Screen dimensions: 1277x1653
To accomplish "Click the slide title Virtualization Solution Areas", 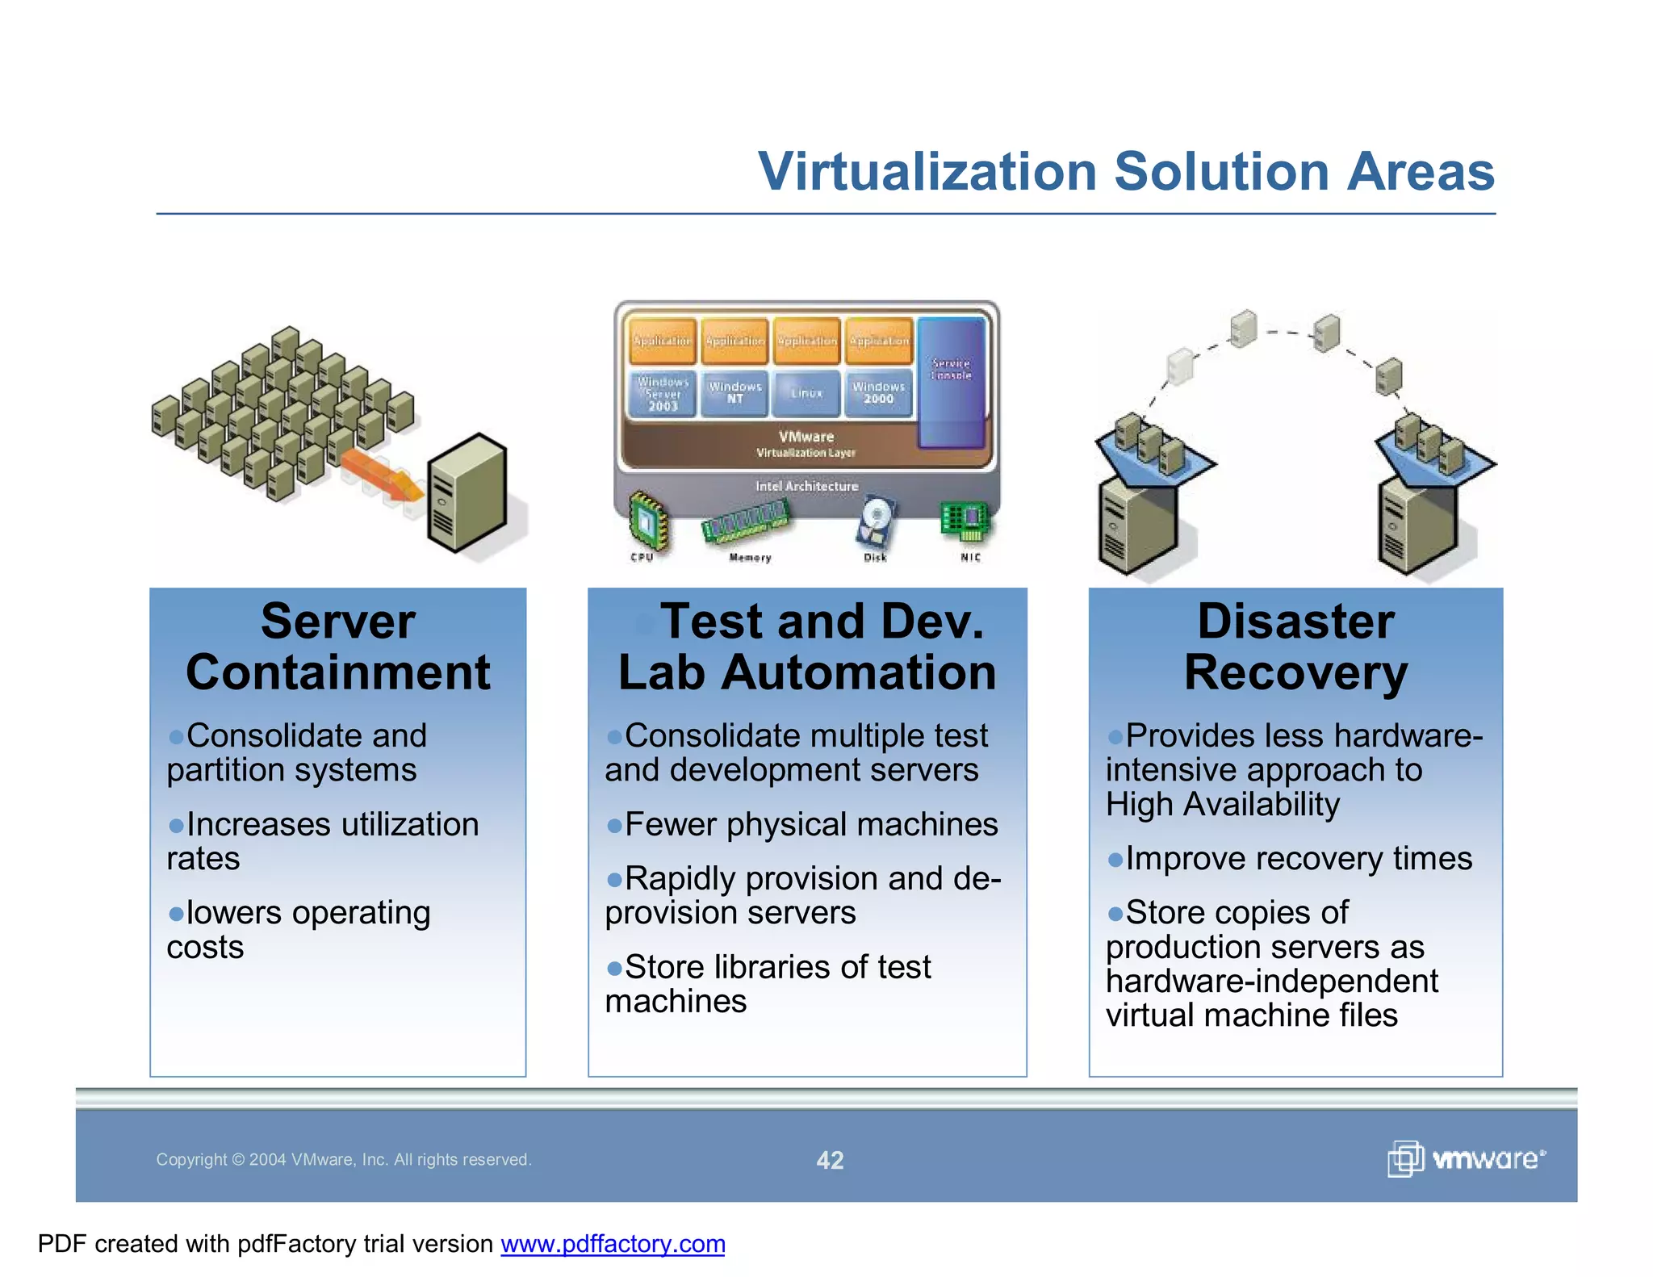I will pyautogui.click(x=1126, y=172).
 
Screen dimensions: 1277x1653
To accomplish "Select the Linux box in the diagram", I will pyautogui.click(x=806, y=393).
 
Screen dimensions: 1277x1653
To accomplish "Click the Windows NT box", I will pyautogui.click(x=734, y=393).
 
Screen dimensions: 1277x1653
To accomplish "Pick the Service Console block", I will pyautogui.click(x=951, y=381).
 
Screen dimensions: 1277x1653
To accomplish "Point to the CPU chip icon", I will pyautogui.click(x=647, y=521).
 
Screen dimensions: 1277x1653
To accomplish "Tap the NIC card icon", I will pyautogui.click(x=965, y=521).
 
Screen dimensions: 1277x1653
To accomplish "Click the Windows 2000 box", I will pyautogui.click(x=878, y=393).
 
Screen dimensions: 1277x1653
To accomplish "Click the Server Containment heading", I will pyautogui.click(x=337, y=647).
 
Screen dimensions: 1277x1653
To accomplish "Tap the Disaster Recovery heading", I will pyautogui.click(x=1295, y=647).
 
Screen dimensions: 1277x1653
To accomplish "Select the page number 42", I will pyautogui.click(x=830, y=1160).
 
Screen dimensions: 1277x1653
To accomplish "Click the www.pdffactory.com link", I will pyautogui.click(x=613, y=1244).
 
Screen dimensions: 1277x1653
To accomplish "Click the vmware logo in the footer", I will pyautogui.click(x=1466, y=1159).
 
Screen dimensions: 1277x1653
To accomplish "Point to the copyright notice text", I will pyautogui.click(x=344, y=1160).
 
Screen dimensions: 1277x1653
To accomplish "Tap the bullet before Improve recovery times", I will pyautogui.click(x=1115, y=860).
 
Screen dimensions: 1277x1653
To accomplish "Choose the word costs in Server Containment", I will pyautogui.click(x=205, y=948).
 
